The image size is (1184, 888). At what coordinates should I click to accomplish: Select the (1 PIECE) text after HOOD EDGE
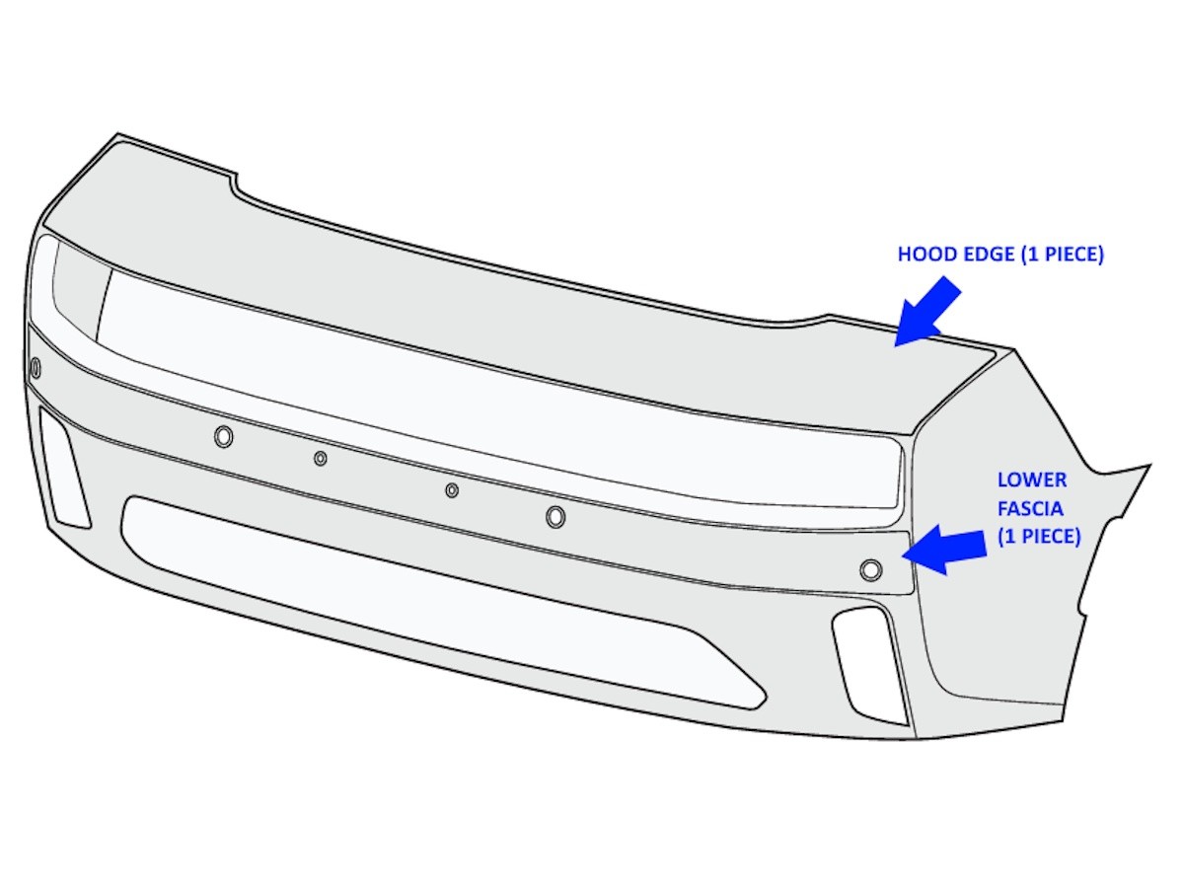pos(1063,255)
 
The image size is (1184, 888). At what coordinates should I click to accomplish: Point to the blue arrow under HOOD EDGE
pos(926,312)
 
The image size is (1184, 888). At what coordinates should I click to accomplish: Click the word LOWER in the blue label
pos(1032,480)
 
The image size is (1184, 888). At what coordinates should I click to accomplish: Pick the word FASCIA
pos(1030,508)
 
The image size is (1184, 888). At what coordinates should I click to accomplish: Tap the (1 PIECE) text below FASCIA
pos(1039,537)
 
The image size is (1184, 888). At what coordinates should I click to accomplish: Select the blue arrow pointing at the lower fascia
pos(944,550)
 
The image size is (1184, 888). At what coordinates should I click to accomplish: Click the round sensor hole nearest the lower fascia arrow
pos(870,570)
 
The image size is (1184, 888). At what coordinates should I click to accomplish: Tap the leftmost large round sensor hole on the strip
pos(224,436)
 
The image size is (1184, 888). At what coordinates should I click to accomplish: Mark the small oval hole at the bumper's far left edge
pos(36,368)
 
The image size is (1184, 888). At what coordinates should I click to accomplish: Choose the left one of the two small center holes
pos(321,458)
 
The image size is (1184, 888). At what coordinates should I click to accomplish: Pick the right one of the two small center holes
pos(452,490)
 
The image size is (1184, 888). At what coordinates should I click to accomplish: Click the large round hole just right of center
pos(555,516)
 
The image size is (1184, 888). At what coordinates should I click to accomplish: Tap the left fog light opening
pos(65,467)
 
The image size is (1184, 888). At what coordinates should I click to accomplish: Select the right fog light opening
pos(868,666)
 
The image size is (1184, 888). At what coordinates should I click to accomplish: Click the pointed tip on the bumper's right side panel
pos(1150,465)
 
